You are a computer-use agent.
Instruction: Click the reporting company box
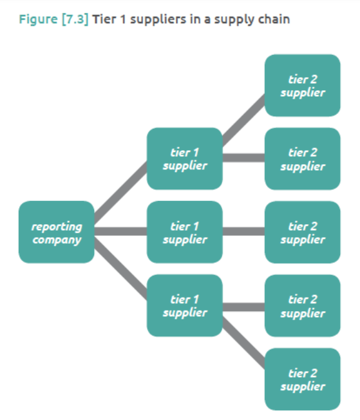point(56,232)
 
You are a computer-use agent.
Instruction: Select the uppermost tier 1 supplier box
point(184,158)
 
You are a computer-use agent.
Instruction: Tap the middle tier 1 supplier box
point(184,232)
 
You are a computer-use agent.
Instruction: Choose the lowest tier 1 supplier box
point(184,305)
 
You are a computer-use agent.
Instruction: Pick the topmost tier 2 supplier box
point(302,85)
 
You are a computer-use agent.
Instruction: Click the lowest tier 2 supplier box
point(302,379)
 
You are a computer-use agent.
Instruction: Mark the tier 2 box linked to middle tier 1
point(302,232)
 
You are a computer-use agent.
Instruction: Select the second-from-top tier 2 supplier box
point(302,158)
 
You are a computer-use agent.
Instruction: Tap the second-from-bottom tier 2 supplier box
point(302,305)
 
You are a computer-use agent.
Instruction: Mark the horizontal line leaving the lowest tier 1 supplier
point(243,305)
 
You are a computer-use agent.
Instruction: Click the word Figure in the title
point(37,19)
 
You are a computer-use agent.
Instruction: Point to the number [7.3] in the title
point(74,19)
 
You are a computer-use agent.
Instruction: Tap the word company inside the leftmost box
point(56,240)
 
